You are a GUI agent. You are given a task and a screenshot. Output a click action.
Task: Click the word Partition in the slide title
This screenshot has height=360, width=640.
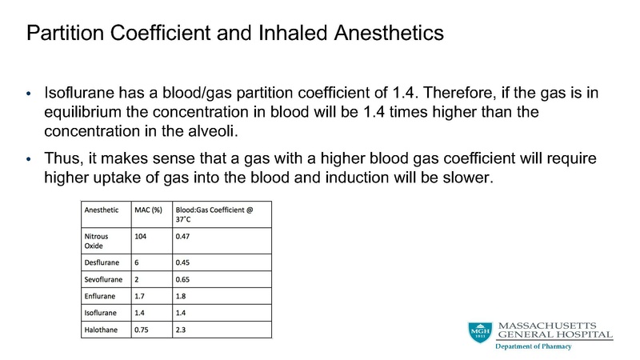[62, 34]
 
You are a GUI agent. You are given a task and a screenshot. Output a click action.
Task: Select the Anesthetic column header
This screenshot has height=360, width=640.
[102, 210]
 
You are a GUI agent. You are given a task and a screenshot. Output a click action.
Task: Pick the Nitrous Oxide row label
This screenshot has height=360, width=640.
[98, 242]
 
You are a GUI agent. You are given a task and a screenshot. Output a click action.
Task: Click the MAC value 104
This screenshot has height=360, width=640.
[141, 237]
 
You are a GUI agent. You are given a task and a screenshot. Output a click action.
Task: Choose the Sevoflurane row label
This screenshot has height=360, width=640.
[103, 282]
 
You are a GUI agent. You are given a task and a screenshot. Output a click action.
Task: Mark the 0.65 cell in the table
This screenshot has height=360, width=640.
[184, 282]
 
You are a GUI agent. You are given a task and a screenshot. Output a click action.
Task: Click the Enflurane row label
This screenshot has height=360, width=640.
[100, 298]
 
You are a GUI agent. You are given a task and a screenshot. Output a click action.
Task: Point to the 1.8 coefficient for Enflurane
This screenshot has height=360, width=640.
[182, 298]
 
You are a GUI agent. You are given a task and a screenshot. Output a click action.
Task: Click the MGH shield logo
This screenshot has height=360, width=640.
[480, 332]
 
